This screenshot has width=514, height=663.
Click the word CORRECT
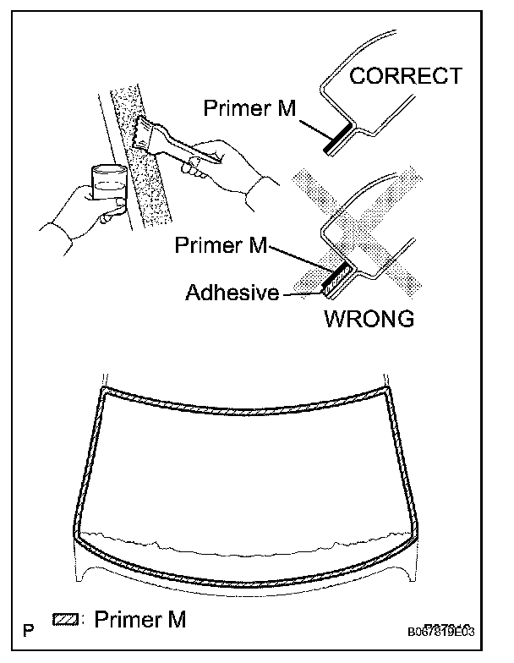(x=406, y=76)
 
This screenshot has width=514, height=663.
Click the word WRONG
(x=369, y=320)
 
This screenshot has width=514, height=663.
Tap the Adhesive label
(x=232, y=293)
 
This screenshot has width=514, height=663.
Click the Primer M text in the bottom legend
(x=139, y=621)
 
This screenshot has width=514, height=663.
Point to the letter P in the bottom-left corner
(x=30, y=630)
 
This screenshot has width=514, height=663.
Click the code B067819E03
(x=452, y=631)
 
